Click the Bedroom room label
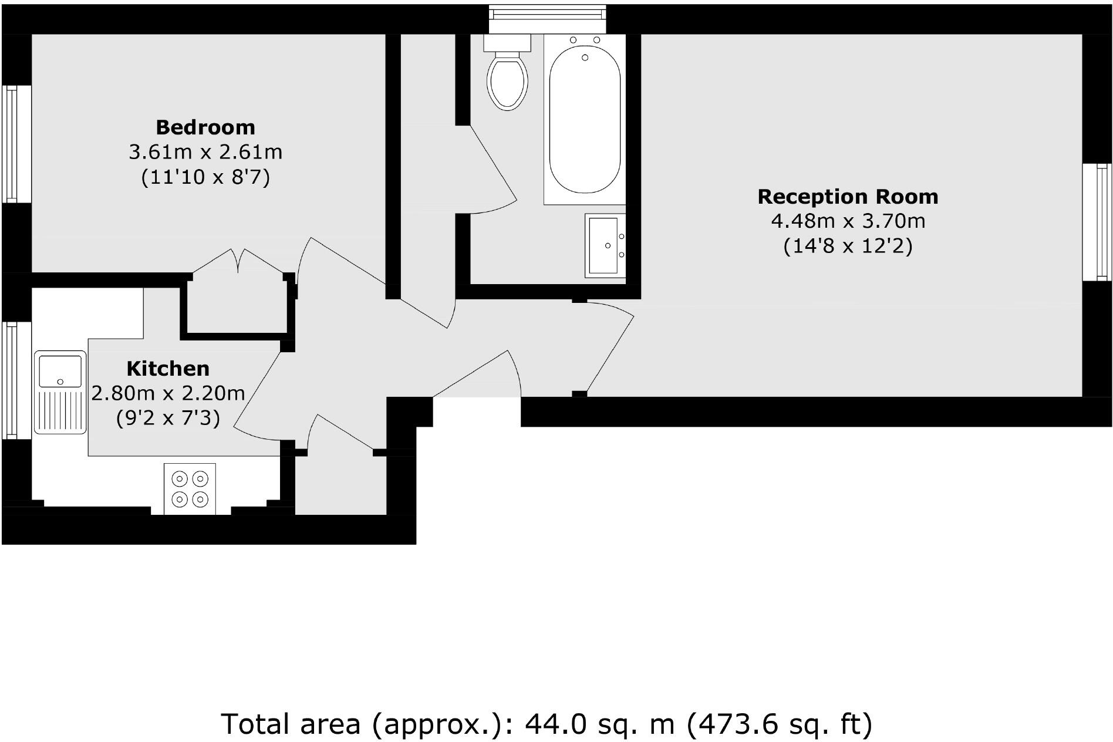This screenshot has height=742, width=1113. [x=205, y=127]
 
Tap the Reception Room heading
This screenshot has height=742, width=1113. [x=848, y=197]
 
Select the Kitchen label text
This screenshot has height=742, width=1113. [x=168, y=369]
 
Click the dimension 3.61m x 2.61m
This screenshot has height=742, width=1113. [x=205, y=152]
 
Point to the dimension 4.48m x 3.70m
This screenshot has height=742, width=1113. [x=848, y=221]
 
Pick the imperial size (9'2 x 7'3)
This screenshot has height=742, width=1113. [x=168, y=418]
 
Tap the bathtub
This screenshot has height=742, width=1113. [x=585, y=120]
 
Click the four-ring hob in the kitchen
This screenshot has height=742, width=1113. [x=190, y=489]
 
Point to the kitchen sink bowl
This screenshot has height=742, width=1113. [x=60, y=370]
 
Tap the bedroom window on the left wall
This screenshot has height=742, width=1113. [x=10, y=144]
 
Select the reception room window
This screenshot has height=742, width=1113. [x=1097, y=221]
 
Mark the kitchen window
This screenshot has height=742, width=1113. [x=10, y=379]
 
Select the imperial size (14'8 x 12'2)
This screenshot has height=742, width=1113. [x=848, y=246]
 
